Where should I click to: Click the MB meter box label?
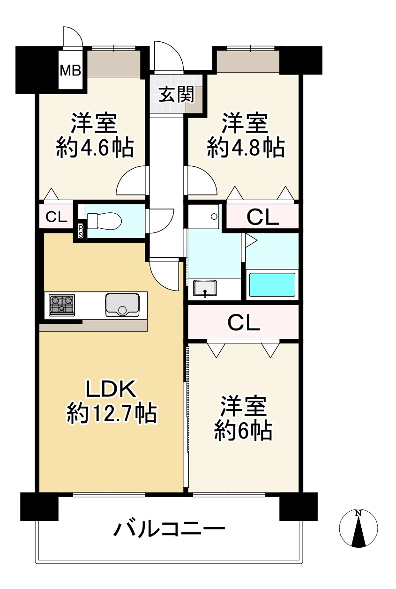pos(70,71)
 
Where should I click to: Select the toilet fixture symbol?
pos(104,220)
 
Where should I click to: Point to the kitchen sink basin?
pos(123,305)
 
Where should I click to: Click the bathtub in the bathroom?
pos(272,284)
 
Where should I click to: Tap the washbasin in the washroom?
pos(205,288)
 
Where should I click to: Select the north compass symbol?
pos(359,529)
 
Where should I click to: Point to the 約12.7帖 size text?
pos(112,413)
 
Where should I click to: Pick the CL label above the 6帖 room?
pos(243,322)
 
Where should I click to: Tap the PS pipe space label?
pos(81,231)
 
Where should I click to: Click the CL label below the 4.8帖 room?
pos(262,217)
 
